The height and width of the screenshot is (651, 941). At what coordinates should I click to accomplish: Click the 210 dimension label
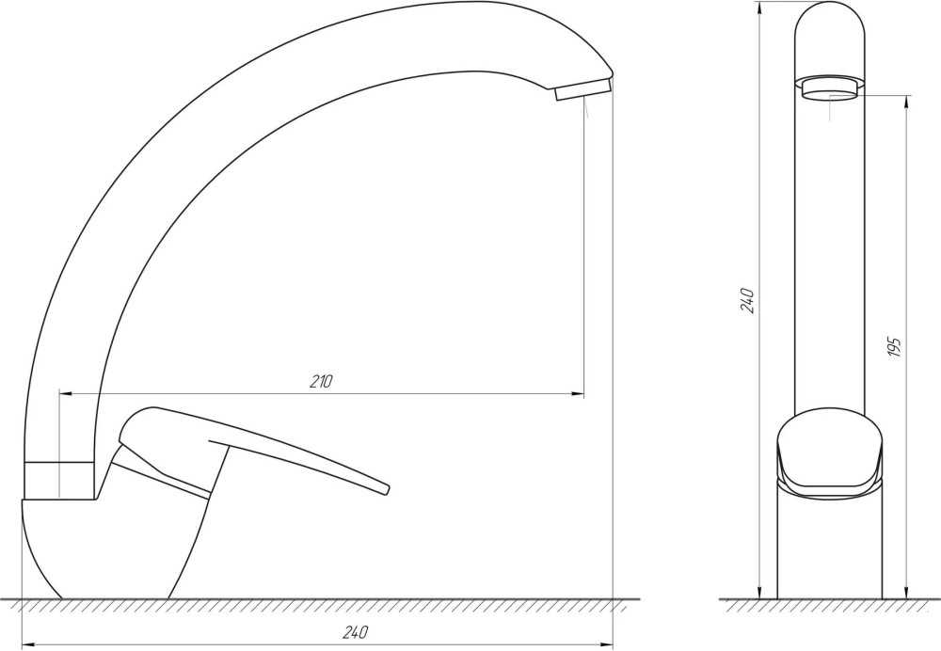[x=321, y=382]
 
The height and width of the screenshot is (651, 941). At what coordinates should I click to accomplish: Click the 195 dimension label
[x=895, y=348]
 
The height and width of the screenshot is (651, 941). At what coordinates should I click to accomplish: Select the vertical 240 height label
[x=747, y=300]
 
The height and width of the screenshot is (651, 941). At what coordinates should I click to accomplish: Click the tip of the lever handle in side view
[x=385, y=488]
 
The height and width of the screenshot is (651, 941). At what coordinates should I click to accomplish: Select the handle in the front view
[x=829, y=454]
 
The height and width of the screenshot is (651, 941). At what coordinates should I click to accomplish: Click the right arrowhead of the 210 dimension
[x=578, y=393]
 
